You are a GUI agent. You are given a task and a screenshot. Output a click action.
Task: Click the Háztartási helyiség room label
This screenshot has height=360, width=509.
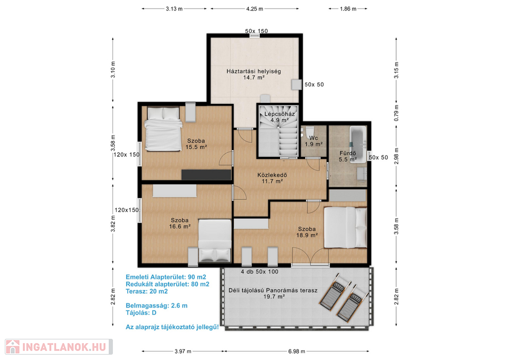click(x=253, y=74)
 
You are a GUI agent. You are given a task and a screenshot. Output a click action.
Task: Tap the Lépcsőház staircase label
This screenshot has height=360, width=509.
click(x=279, y=117)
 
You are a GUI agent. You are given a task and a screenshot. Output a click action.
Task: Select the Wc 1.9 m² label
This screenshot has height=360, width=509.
click(x=313, y=141)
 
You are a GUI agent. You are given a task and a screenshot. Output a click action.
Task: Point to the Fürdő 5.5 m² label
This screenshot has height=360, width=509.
click(x=348, y=156)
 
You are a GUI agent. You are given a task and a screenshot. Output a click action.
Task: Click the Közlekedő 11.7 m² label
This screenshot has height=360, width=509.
click(x=272, y=178)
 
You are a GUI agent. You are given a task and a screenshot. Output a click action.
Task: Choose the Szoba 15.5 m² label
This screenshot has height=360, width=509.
click(x=196, y=144)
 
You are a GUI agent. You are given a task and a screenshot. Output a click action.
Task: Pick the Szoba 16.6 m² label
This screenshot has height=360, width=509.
click(x=180, y=223)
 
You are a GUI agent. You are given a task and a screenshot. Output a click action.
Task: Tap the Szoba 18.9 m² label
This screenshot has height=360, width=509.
click(x=307, y=232)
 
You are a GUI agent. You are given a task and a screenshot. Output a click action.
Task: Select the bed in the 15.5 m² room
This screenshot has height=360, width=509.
click(x=163, y=128)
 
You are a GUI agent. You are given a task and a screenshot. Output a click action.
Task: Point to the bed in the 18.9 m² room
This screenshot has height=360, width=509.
click(x=346, y=227)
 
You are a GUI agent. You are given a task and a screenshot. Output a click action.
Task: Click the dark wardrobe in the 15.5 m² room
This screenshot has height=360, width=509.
click(x=206, y=174)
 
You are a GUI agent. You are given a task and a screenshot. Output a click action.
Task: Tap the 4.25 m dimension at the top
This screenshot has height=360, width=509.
click(x=254, y=9)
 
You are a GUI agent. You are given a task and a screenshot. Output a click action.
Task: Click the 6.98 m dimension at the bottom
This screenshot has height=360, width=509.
click(x=297, y=351)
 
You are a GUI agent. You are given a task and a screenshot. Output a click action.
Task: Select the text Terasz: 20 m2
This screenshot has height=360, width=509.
click(x=147, y=291)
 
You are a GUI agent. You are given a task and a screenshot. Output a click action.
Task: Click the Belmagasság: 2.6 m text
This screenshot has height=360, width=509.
click(x=156, y=305)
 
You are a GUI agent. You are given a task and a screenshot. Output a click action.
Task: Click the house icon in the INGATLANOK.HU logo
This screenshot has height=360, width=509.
click(x=13, y=347)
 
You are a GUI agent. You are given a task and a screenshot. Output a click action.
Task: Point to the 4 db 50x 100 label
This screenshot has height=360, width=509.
click(x=259, y=271)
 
